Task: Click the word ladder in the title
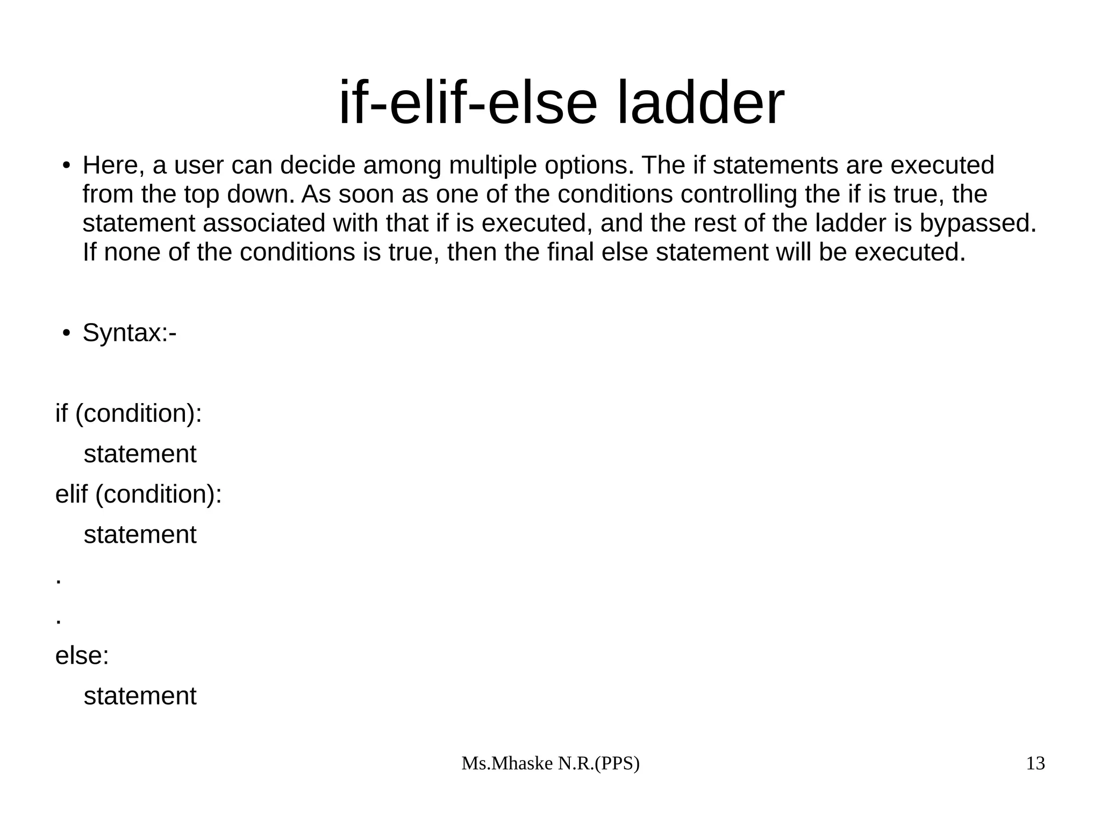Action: [700, 103]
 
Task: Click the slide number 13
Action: [1035, 763]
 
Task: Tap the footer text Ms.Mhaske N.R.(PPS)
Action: [550, 763]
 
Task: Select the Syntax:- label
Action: [130, 333]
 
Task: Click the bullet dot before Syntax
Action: [66, 333]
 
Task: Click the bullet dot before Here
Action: [66, 166]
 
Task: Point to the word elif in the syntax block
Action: [71, 494]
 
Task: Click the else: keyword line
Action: [82, 656]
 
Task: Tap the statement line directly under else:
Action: [140, 696]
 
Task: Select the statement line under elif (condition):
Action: [140, 535]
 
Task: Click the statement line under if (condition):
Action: [140, 454]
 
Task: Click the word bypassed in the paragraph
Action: [977, 224]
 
